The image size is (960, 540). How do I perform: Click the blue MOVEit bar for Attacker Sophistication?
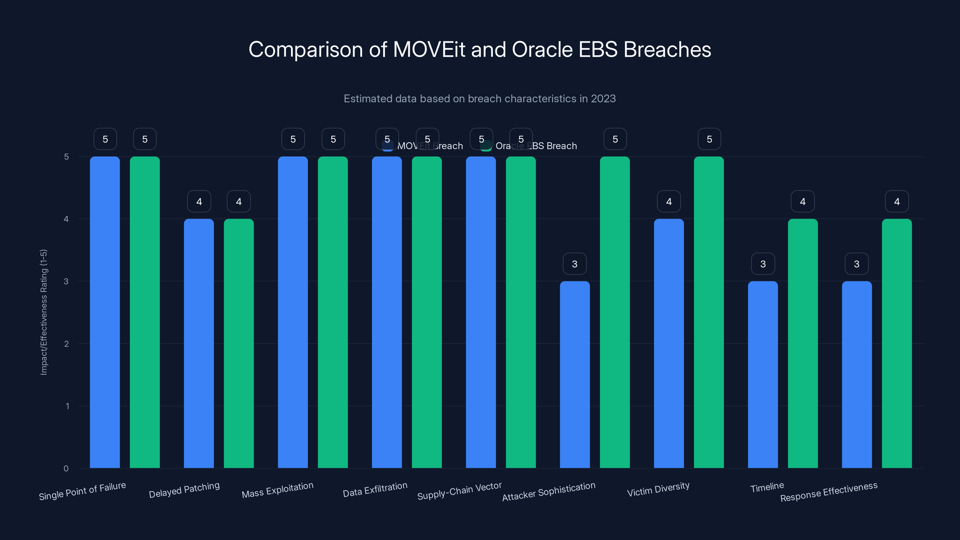[575, 374]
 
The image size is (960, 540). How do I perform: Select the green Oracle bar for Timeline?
[803, 343]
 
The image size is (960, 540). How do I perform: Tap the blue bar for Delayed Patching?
[199, 343]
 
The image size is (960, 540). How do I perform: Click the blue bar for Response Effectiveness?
[857, 374]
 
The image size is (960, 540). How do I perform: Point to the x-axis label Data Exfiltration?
[375, 490]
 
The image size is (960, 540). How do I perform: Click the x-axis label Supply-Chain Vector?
[459, 491]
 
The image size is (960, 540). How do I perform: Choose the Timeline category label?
[767, 487]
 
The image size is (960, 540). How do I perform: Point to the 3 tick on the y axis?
[66, 281]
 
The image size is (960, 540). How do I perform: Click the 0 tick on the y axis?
[66, 468]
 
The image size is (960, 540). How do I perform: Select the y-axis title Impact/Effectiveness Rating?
[43, 312]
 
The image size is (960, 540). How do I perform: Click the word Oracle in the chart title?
[542, 49]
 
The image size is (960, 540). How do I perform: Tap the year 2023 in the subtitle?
[603, 99]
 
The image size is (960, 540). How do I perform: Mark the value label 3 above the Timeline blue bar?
[763, 264]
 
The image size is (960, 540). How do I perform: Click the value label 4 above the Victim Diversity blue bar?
[669, 202]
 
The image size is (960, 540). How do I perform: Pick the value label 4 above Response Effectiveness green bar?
[897, 202]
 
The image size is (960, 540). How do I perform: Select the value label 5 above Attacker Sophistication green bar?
[615, 139]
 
